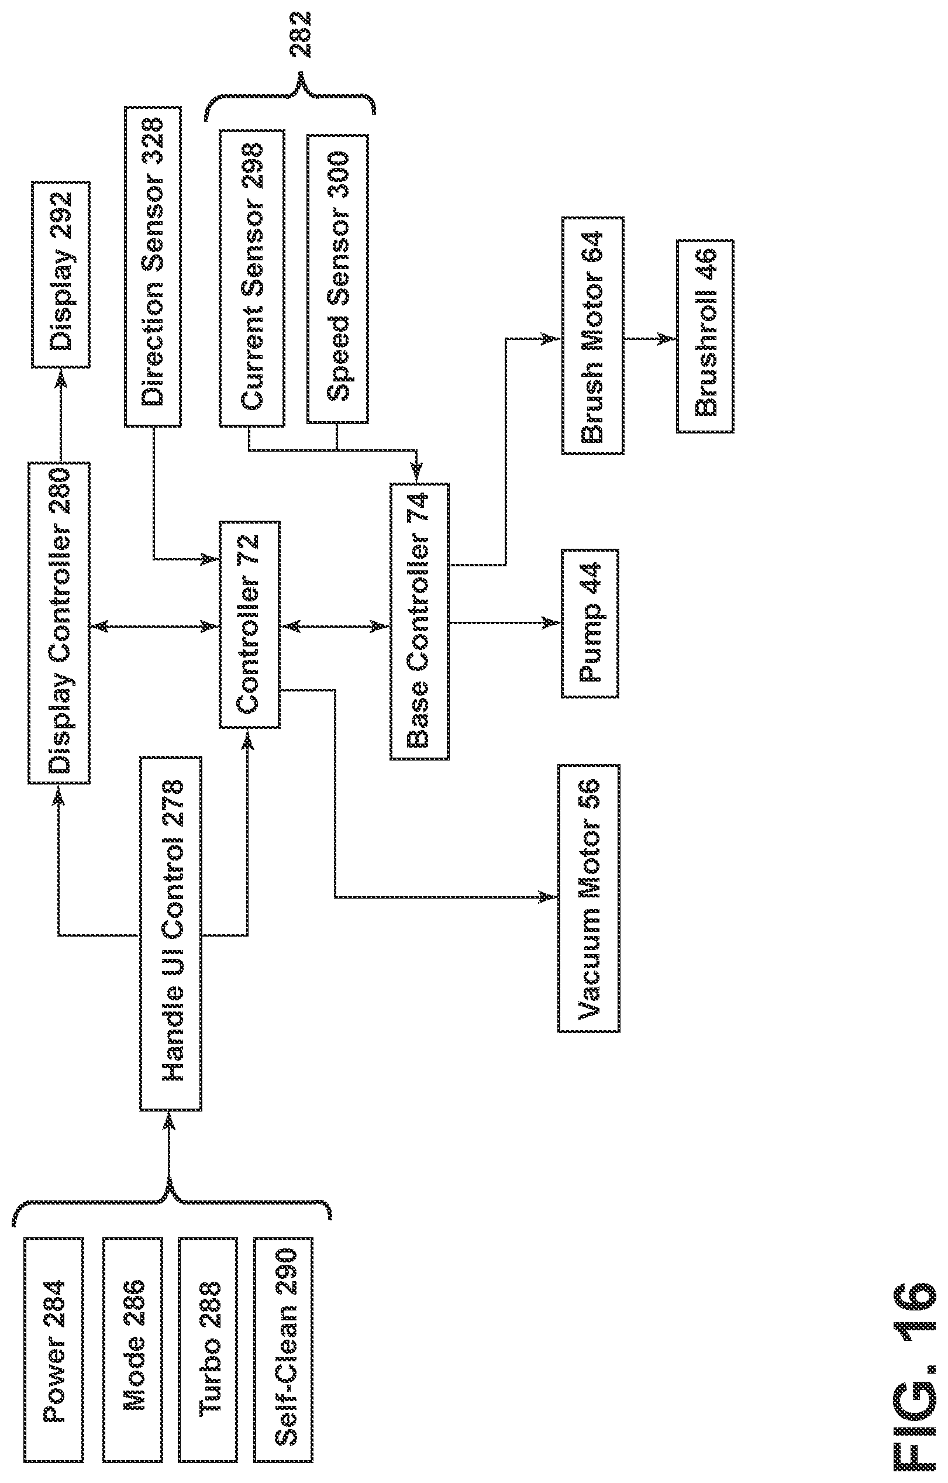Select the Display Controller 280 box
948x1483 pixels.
coord(59,622)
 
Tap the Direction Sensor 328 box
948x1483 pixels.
coord(153,266)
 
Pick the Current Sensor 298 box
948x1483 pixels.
coord(252,277)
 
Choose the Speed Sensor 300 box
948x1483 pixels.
coord(338,278)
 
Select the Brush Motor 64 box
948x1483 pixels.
coord(593,336)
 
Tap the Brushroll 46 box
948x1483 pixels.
coord(705,336)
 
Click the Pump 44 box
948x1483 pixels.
coord(590,623)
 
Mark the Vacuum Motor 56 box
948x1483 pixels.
coord(589,899)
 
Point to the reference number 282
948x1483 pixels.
coord(302,35)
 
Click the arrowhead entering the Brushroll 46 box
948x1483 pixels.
coord(668,338)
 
